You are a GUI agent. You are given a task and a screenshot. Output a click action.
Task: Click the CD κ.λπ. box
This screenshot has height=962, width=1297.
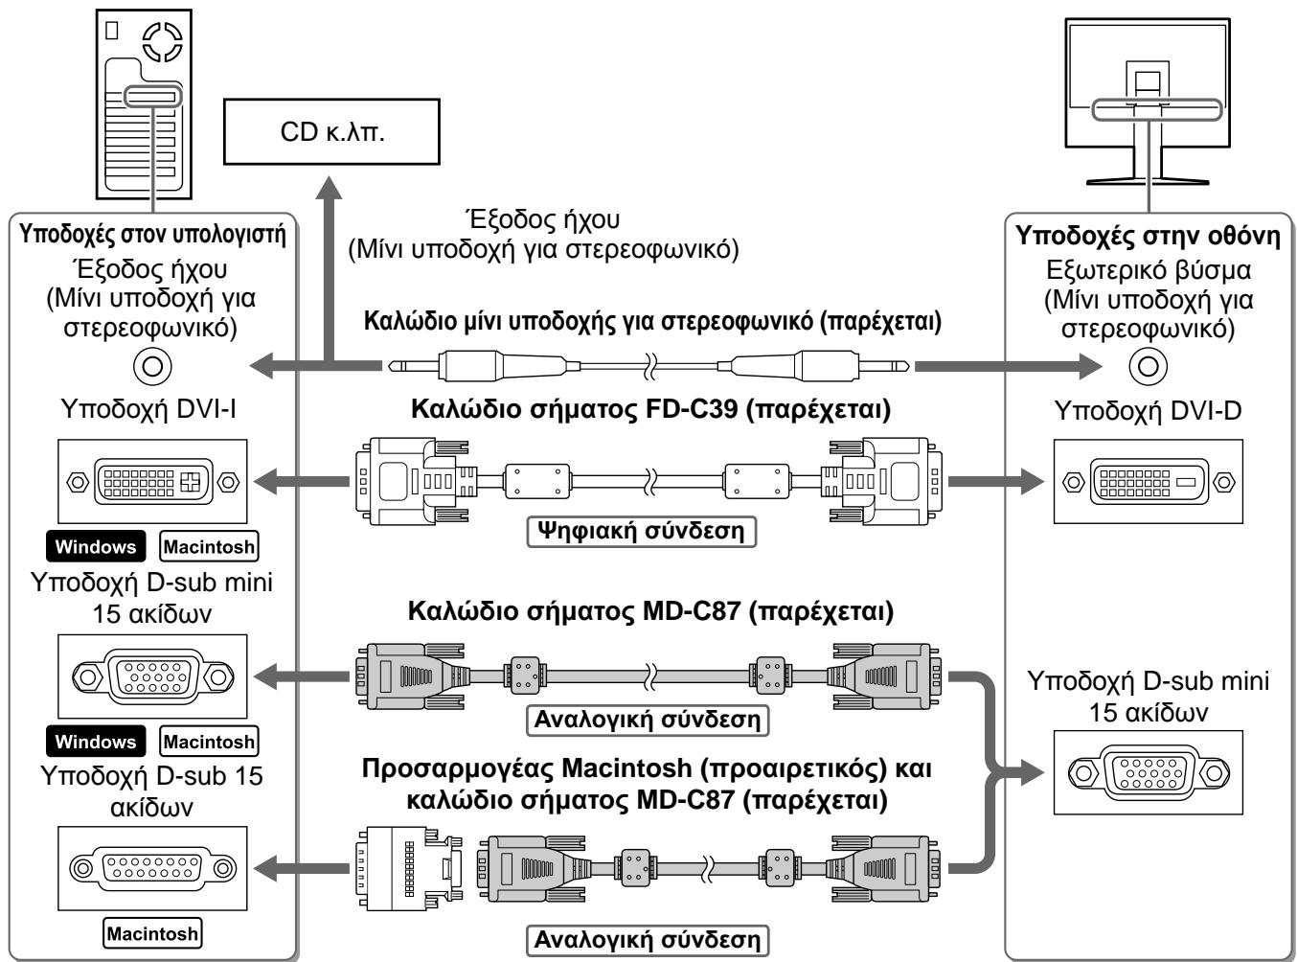point(331,131)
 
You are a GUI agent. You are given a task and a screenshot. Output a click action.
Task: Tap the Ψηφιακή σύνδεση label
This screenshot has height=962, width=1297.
point(642,532)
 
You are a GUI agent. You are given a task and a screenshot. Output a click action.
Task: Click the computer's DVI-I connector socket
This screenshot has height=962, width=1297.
point(152,482)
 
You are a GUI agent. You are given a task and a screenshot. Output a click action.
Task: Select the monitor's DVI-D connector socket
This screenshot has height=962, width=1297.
point(1148,482)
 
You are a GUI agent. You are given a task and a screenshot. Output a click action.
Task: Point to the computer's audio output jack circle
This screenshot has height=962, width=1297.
point(152,366)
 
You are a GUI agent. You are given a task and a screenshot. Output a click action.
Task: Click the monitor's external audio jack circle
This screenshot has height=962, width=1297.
point(1148,366)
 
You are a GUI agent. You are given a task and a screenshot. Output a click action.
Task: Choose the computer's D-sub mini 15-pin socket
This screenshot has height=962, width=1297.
point(152,676)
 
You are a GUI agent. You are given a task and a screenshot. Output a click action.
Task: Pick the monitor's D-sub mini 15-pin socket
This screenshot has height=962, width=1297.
point(1148,772)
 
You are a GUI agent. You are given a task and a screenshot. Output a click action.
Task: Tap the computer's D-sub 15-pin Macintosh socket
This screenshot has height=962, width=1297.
point(152,868)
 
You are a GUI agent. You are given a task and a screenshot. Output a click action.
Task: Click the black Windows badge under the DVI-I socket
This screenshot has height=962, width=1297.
point(96,546)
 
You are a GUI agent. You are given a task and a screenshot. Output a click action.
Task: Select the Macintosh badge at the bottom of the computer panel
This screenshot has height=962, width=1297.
point(152,933)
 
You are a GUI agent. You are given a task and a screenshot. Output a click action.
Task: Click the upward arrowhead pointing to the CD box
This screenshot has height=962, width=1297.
point(330,189)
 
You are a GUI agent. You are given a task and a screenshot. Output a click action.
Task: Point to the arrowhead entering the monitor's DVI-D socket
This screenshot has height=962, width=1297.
point(1032,482)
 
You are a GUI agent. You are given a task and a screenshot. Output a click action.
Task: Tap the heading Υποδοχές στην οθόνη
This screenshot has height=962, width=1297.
point(1148,236)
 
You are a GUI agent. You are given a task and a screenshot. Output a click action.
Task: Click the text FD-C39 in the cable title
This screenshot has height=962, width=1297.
point(692,409)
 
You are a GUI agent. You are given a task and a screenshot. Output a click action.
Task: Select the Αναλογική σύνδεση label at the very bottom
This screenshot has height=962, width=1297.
point(648,940)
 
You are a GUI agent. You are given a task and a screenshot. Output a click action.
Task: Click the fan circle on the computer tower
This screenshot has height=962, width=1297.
point(163,41)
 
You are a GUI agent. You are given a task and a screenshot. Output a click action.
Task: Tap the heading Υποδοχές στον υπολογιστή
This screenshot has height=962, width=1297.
point(152,234)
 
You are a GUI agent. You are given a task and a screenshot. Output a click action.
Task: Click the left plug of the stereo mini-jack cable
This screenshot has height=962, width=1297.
point(480,366)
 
